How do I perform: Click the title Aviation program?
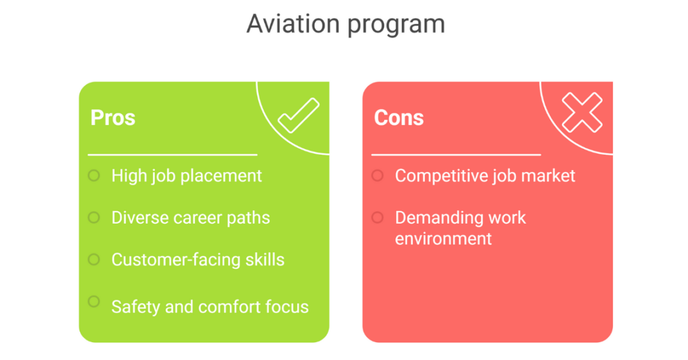pos(345,24)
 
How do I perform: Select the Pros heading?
pos(113,118)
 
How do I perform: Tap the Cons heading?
pos(399,118)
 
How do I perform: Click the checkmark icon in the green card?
pos(298,115)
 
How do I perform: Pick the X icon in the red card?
pos(582,113)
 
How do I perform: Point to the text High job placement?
pos(187,176)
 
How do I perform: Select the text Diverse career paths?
pos(190,218)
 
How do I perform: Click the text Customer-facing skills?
pos(197,260)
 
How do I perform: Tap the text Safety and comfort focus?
pos(210,306)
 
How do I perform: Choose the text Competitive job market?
pos(485,176)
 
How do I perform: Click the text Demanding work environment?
pos(461,228)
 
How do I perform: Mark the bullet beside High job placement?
pos(94,175)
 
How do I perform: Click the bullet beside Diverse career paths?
pos(94,217)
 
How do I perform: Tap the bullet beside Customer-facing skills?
pos(94,259)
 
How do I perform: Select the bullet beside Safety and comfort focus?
pos(94,301)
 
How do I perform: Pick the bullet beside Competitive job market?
pos(377,175)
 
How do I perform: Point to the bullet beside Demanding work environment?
pos(377,217)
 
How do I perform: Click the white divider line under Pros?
pos(172,154)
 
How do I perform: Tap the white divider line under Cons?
pos(456,154)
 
